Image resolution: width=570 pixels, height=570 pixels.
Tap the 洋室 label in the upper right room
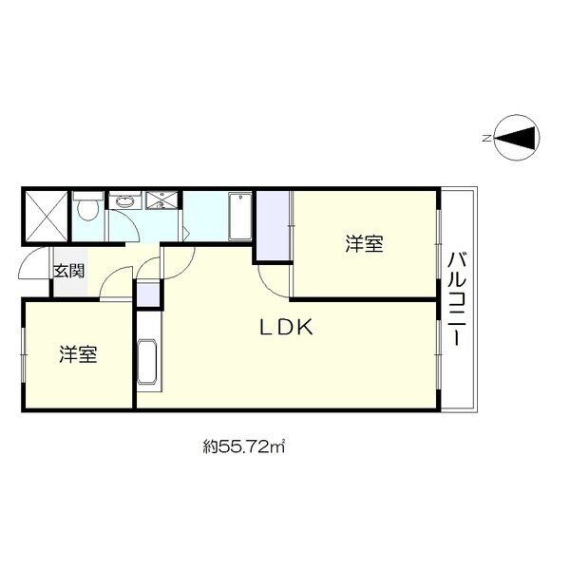pyautogui.click(x=364, y=244)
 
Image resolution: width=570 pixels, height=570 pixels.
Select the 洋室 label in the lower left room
pyautogui.click(x=79, y=355)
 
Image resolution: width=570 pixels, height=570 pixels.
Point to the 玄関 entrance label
pyautogui.click(x=67, y=270)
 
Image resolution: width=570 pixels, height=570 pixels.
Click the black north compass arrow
pyautogui.click(x=517, y=139)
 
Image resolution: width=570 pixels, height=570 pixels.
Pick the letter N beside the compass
pyautogui.click(x=485, y=139)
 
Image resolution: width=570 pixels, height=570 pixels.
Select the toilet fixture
pyautogui.click(x=88, y=206)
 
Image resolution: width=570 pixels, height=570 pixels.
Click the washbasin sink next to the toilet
pyautogui.click(x=124, y=201)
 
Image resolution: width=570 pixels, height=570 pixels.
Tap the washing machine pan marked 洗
pyautogui.click(x=161, y=201)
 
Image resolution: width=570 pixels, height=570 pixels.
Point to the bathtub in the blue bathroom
pyautogui.click(x=238, y=218)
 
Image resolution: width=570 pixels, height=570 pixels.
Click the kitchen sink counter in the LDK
pyautogui.click(x=147, y=360)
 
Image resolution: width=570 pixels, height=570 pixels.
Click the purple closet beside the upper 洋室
pyautogui.click(x=273, y=226)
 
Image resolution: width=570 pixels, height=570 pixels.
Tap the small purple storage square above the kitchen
pyautogui.click(x=148, y=294)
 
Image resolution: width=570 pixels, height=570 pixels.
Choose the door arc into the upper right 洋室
pyautogui.click(x=275, y=280)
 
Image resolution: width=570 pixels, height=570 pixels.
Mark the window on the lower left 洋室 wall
pyautogui.click(x=23, y=355)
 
